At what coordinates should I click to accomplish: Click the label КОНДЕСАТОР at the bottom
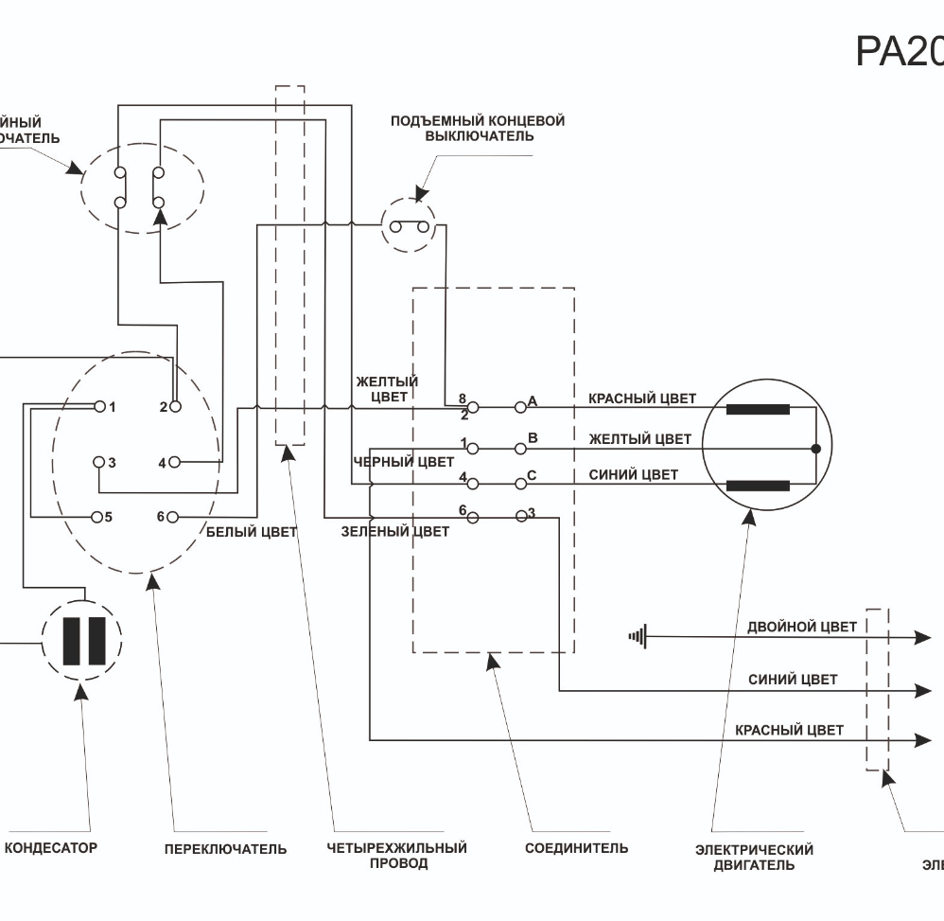point(51,848)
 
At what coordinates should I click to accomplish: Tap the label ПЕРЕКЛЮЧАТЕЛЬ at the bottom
point(225,849)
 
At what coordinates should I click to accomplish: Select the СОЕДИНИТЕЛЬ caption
point(576,848)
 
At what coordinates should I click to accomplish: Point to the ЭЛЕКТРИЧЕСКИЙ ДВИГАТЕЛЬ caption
point(754,857)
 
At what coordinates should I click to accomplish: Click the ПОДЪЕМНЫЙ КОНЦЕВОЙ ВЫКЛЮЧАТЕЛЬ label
point(478,129)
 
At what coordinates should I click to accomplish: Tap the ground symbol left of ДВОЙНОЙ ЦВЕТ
point(637,637)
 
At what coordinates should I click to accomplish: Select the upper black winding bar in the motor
point(758,410)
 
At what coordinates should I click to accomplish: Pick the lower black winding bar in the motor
point(758,486)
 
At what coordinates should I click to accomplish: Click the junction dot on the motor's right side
point(815,448)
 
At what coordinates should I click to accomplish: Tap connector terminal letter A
point(533,401)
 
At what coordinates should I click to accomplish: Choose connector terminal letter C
point(532,475)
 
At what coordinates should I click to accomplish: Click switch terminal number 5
point(109,517)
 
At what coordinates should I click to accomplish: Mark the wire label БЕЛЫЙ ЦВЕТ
point(252,532)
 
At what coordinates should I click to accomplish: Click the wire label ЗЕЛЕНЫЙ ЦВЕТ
point(395,532)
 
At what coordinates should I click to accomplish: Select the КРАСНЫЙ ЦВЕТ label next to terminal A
point(641,399)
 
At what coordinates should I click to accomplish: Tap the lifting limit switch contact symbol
point(410,226)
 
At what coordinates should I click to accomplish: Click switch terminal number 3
point(112,463)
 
